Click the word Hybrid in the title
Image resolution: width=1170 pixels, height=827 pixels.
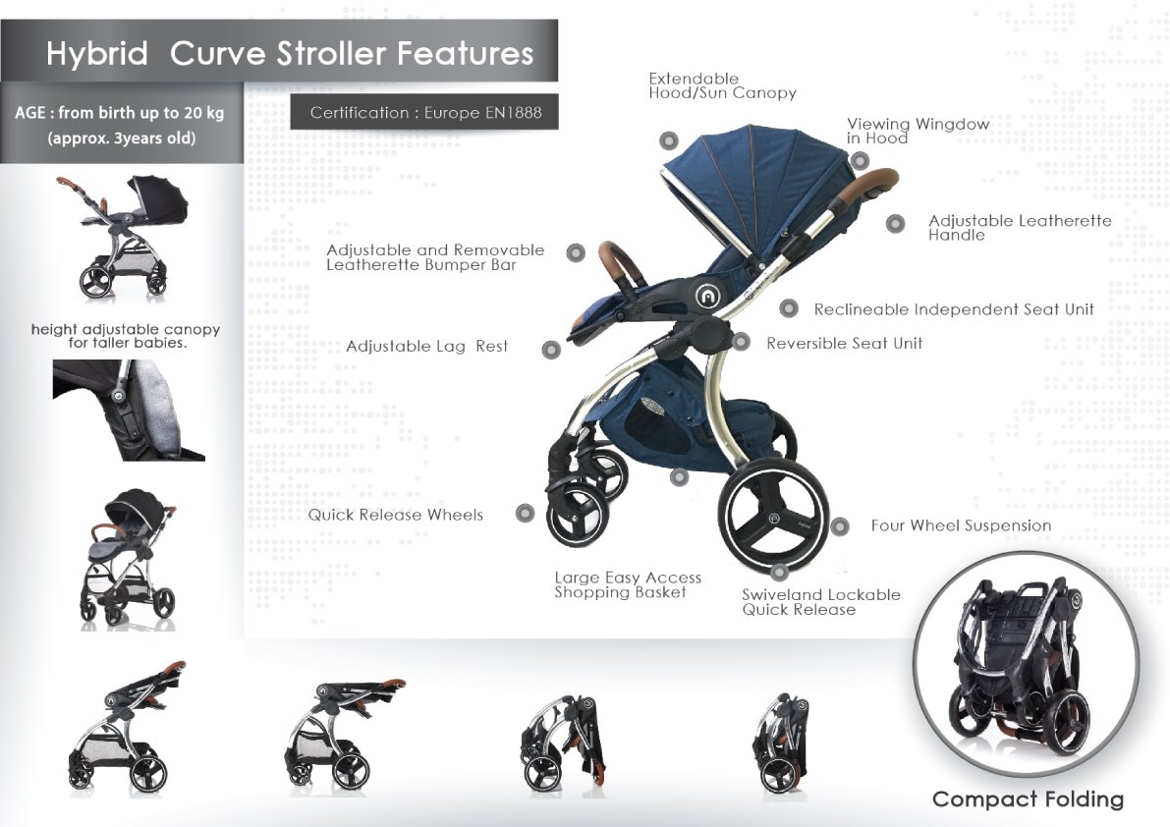click(x=97, y=54)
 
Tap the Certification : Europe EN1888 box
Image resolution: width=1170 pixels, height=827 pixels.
click(x=424, y=112)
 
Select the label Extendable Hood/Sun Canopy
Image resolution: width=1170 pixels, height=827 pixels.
click(x=722, y=85)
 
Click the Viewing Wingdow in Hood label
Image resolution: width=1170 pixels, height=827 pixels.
click(x=918, y=131)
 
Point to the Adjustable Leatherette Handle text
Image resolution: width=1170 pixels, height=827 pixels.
click(x=1020, y=228)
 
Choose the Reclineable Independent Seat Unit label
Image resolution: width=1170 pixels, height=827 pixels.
click(x=954, y=309)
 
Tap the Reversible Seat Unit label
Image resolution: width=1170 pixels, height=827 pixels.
click(x=844, y=343)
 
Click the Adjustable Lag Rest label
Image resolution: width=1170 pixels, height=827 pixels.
click(x=426, y=346)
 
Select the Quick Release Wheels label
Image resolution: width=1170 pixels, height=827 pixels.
click(x=396, y=515)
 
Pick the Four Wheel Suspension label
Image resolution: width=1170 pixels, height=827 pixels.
click(x=961, y=525)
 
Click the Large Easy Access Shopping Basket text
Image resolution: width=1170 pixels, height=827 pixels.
click(x=628, y=584)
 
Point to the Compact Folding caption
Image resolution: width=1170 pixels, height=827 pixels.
click(x=1028, y=799)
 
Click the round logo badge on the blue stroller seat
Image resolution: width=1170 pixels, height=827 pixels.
click(x=706, y=296)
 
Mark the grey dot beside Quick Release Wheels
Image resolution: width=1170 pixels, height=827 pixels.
click(x=526, y=513)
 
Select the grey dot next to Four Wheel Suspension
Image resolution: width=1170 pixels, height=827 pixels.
click(x=840, y=526)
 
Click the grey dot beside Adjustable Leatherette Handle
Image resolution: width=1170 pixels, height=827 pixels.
click(x=895, y=224)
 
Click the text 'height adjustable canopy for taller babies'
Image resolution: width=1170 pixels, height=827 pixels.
click(x=126, y=336)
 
